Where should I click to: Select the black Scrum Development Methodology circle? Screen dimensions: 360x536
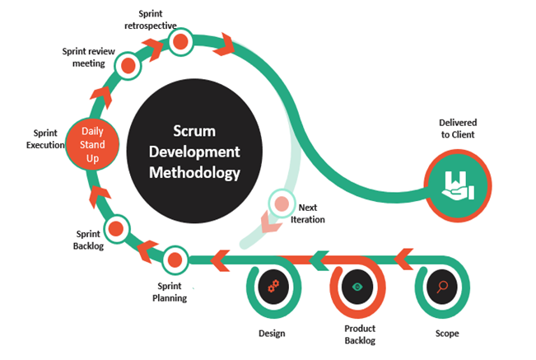(x=195, y=152)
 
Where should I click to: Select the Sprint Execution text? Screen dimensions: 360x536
(x=44, y=138)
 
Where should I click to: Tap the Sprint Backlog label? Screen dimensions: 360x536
(x=84, y=240)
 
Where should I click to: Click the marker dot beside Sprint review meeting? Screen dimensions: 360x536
(x=128, y=65)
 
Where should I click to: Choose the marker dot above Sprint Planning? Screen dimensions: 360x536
(x=174, y=259)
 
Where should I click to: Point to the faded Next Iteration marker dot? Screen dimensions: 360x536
(x=282, y=202)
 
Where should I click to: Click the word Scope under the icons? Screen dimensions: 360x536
(x=447, y=334)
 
